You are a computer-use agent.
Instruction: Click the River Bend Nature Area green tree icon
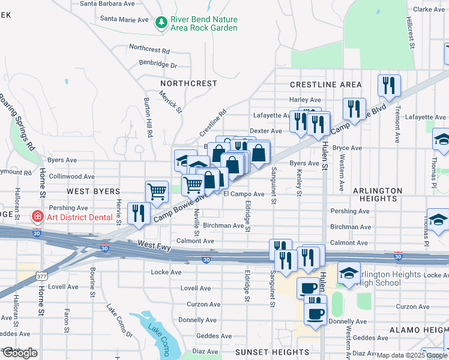tap(161, 23)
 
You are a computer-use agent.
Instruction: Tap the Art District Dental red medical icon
tap(37, 215)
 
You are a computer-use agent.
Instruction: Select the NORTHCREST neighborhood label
tap(188, 83)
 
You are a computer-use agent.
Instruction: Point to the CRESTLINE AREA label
tap(325, 85)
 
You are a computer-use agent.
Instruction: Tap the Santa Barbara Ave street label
tap(107, 4)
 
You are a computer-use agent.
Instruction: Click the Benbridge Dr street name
tap(158, 65)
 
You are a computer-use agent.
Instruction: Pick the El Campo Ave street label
tap(244, 194)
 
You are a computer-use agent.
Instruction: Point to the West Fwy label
tap(155, 244)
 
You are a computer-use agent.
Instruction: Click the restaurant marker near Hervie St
tap(139, 213)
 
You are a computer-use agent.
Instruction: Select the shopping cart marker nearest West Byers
tap(157, 191)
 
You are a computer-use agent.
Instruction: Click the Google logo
tap(19, 353)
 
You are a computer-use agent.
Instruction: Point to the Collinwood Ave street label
tap(71, 176)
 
